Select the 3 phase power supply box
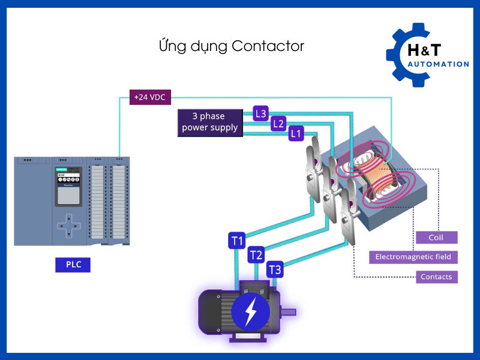(x=210, y=122)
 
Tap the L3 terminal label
(x=260, y=113)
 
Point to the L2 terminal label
(x=278, y=124)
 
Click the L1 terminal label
(x=295, y=134)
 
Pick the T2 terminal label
(x=256, y=255)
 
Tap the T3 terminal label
(x=275, y=269)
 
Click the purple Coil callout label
(x=436, y=238)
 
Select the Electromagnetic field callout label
(x=413, y=257)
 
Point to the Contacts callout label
(x=436, y=277)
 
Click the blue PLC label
(x=73, y=264)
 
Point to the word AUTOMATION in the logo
(x=438, y=64)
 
